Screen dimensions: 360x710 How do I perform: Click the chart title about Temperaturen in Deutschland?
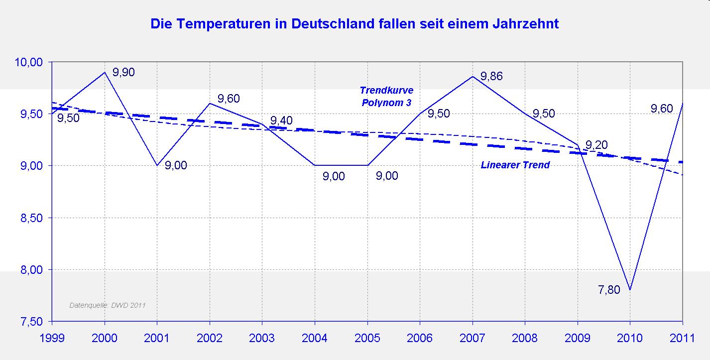point(355,23)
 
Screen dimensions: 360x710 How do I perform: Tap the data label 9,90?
point(123,72)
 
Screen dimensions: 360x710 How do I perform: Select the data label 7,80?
point(609,289)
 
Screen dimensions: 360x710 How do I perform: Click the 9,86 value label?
point(491,77)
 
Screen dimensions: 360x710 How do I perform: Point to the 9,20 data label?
point(596,145)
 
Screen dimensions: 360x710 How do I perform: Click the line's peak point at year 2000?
point(105,72)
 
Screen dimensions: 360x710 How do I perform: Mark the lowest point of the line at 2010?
point(630,290)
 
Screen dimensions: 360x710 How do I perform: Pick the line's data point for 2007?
point(472,77)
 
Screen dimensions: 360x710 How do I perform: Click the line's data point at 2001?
point(157,165)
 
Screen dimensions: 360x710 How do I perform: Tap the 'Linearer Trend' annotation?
point(515,165)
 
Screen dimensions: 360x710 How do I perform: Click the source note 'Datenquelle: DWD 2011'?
point(107,305)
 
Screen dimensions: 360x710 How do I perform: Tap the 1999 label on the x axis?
point(52,339)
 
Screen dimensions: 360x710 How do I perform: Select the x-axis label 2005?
point(367,339)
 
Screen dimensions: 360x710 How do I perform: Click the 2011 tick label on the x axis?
point(682,339)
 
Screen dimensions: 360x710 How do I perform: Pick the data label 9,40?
point(281,121)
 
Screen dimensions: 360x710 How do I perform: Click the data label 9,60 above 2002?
point(229,99)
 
